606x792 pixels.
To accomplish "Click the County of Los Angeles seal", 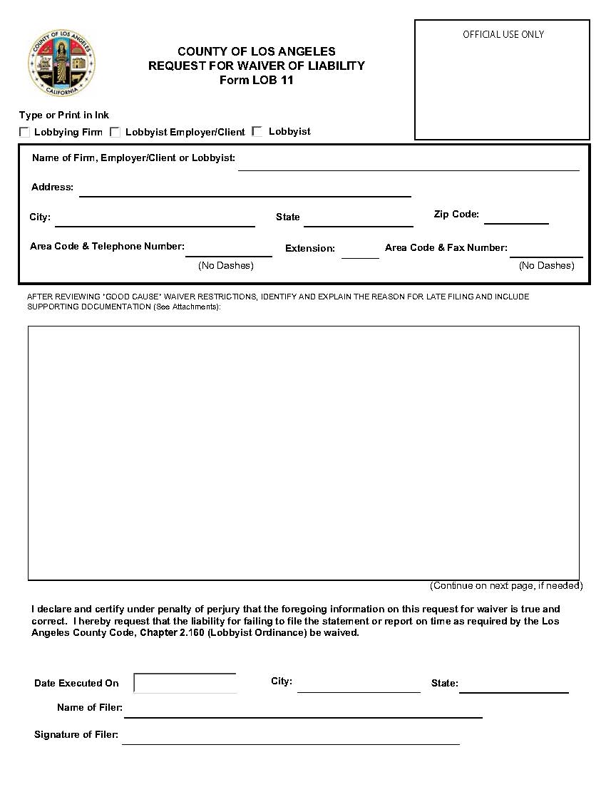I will [62, 63].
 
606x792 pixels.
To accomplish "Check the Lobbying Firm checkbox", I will [25, 132].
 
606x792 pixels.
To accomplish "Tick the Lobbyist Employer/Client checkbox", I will [115, 132].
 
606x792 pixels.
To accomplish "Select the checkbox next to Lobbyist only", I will [257, 131].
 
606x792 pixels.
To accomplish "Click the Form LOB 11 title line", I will [256, 80].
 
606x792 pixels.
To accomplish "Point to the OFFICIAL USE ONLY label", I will [503, 34].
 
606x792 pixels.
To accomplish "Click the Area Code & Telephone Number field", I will [228, 249].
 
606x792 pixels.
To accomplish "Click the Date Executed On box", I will [185, 683].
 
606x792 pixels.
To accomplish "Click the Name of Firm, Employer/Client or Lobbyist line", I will [409, 163].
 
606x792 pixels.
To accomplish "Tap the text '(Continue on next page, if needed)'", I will [505, 585].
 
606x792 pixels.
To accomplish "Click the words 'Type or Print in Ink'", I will [64, 115].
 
